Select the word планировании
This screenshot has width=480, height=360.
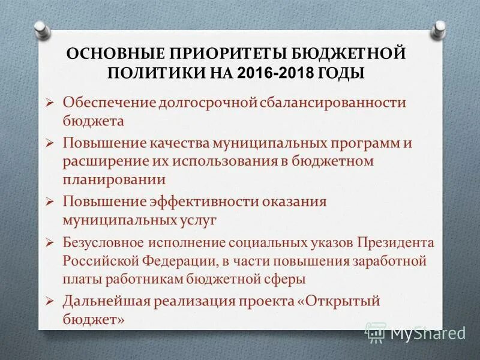tap(115, 179)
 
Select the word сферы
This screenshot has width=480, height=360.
tap(286, 279)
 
